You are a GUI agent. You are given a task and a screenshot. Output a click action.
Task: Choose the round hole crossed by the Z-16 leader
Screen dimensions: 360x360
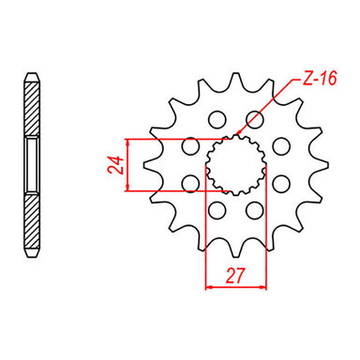coord(254,118)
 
